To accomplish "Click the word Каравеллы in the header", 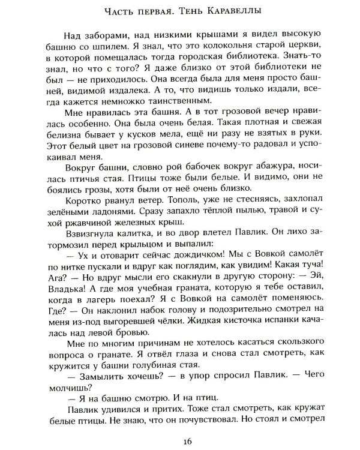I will pos(249,11).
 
